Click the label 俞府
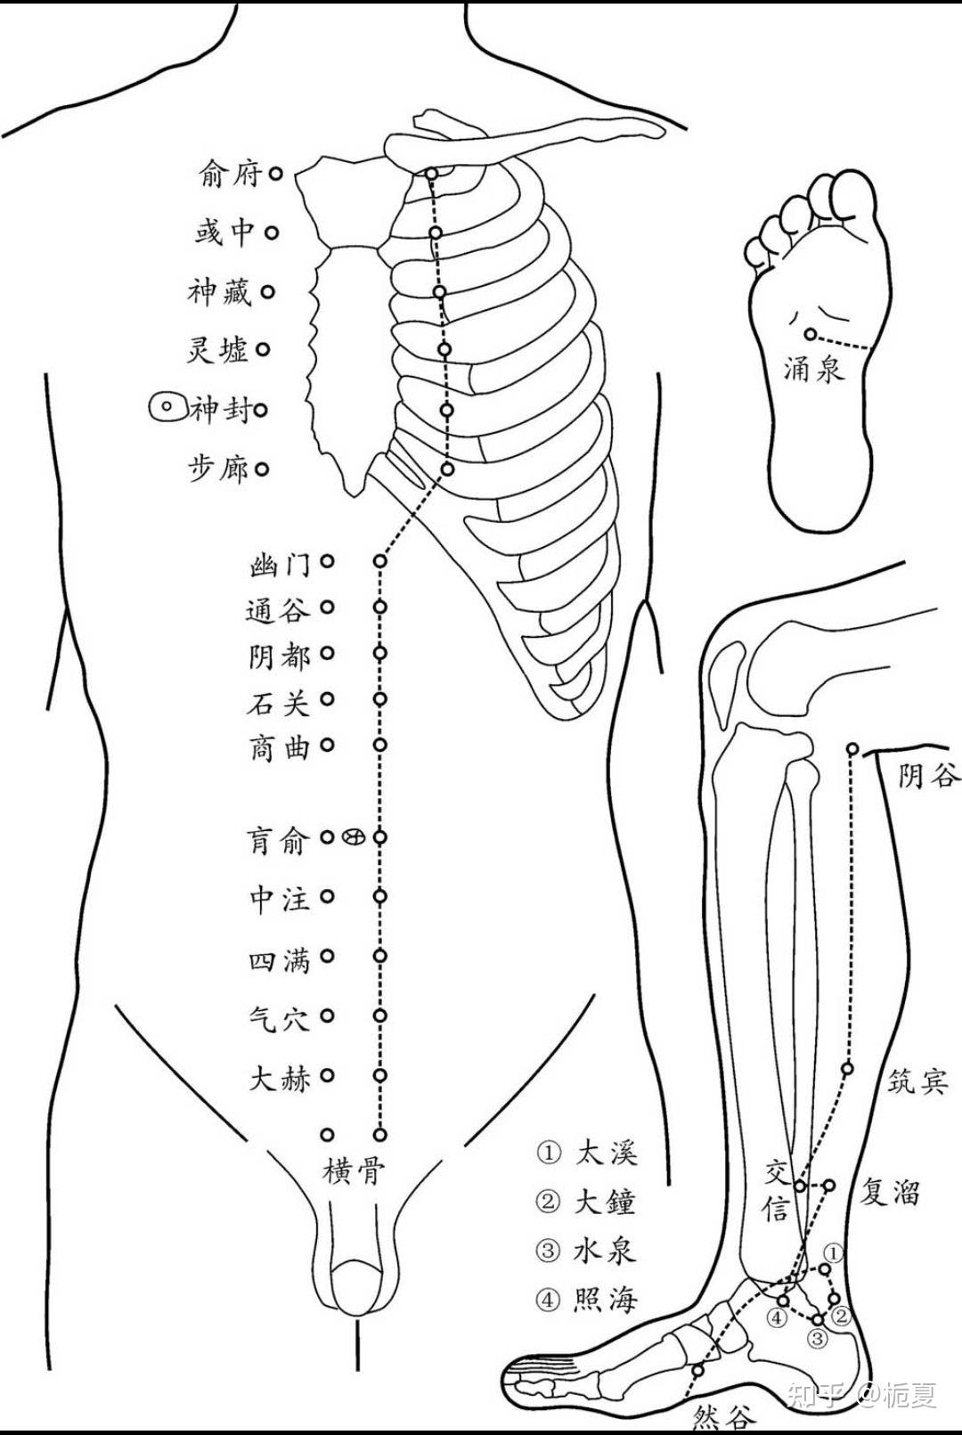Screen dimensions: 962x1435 230,175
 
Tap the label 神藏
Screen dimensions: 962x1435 220,292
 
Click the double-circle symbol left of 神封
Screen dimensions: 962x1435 166,409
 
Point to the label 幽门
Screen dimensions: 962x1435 280,564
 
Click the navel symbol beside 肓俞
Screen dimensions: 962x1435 354,837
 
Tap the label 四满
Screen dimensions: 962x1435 279,959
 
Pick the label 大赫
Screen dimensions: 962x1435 279,1078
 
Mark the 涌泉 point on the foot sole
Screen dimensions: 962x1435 811,334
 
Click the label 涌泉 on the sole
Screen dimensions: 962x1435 812,367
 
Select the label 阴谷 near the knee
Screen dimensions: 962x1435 929,777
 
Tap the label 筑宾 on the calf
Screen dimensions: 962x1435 918,1081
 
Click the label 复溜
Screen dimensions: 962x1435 888,1192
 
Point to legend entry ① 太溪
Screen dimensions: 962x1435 588,1153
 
